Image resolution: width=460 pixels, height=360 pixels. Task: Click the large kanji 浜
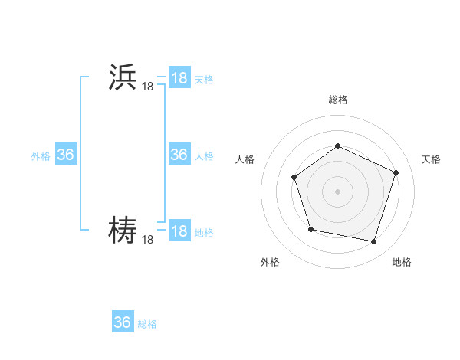123,79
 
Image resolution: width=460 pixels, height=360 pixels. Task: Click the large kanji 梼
123,230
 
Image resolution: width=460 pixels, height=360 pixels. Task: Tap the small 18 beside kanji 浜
147,88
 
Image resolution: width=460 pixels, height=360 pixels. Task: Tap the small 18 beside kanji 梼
147,240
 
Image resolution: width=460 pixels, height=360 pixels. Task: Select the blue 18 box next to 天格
179,78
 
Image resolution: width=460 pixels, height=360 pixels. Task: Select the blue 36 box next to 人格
179,155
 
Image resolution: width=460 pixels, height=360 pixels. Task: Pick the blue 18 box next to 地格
179,231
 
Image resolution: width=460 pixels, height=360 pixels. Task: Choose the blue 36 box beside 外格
65,155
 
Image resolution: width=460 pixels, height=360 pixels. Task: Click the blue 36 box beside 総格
122,322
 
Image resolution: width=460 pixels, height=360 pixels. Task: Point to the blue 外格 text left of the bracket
41,156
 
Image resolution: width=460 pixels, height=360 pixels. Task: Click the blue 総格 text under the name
147,324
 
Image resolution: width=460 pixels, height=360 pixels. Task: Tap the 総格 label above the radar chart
337,100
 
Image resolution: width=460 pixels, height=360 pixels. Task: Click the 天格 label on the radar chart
431,159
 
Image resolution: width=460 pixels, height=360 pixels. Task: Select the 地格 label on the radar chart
402,263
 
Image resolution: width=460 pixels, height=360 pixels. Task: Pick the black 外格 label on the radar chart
270,263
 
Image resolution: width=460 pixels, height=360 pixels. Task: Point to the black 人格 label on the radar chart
245,159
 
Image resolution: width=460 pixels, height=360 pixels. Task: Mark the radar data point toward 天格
396,172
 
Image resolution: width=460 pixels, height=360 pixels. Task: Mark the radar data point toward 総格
337,146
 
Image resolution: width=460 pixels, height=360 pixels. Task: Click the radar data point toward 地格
373,242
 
